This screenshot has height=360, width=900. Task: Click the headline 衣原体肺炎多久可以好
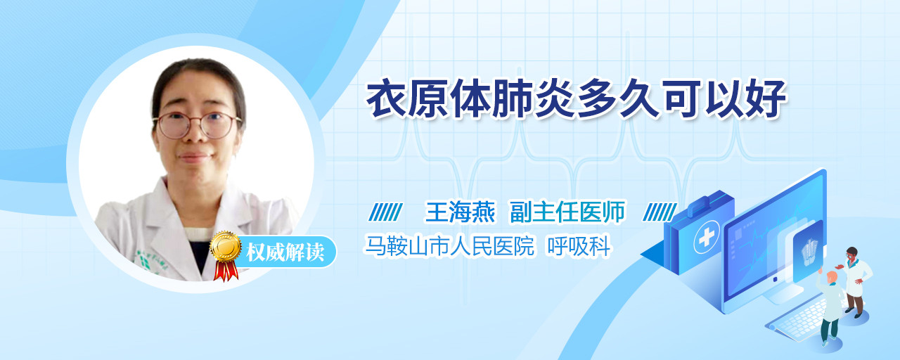(576, 99)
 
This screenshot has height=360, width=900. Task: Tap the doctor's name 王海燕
(460, 212)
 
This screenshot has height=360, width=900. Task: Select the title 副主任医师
(567, 212)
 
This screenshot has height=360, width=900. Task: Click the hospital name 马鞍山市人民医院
(449, 245)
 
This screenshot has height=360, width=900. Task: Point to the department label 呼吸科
(579, 245)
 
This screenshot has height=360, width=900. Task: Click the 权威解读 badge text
(285, 252)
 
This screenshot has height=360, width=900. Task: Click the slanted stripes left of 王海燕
(385, 212)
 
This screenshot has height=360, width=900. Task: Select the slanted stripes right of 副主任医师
(660, 212)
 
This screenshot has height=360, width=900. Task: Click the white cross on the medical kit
(706, 238)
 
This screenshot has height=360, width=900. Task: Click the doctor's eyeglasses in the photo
(197, 125)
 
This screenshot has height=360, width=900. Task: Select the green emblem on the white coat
(143, 262)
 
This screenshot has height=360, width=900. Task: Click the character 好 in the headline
(766, 99)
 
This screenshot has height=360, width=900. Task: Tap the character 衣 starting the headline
(386, 99)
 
